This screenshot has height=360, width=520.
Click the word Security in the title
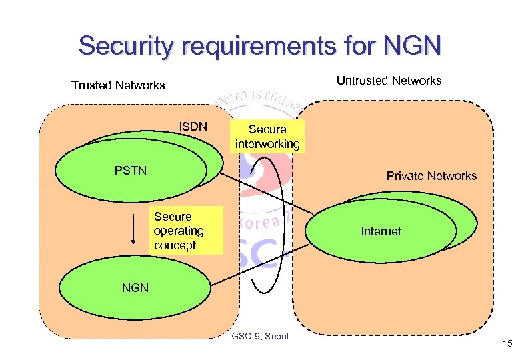click(x=124, y=46)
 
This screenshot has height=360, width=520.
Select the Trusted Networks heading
click(x=118, y=85)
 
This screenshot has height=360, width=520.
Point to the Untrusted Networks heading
click(x=389, y=81)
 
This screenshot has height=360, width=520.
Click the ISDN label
click(x=193, y=127)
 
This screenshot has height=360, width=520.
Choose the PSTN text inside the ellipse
click(x=131, y=171)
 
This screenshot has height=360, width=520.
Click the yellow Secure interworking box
click(x=267, y=137)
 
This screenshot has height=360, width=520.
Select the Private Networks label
click(x=431, y=176)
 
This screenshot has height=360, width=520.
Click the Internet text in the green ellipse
click(x=381, y=231)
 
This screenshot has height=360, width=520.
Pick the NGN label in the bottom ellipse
click(x=135, y=288)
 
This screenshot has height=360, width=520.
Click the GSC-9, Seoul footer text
click(x=259, y=336)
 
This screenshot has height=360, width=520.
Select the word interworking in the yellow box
click(x=267, y=144)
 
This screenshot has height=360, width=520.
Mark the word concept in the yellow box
click(x=175, y=245)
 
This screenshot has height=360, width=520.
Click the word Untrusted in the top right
click(x=361, y=81)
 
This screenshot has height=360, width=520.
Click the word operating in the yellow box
click(x=179, y=231)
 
